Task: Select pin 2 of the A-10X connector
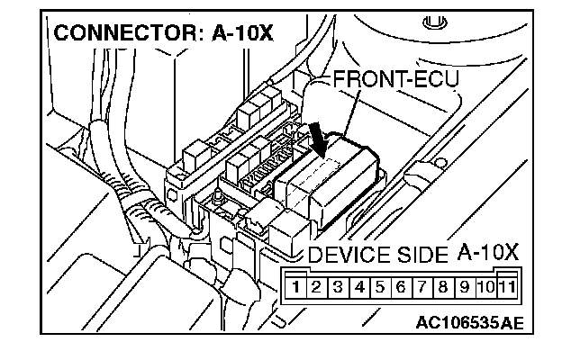point(316,289)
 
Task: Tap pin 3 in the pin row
point(337,289)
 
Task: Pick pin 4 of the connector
point(358,289)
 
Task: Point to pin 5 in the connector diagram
point(379,289)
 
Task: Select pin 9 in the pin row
point(464,289)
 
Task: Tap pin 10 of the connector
point(485,289)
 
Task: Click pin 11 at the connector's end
point(506,289)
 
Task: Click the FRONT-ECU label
point(396,79)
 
